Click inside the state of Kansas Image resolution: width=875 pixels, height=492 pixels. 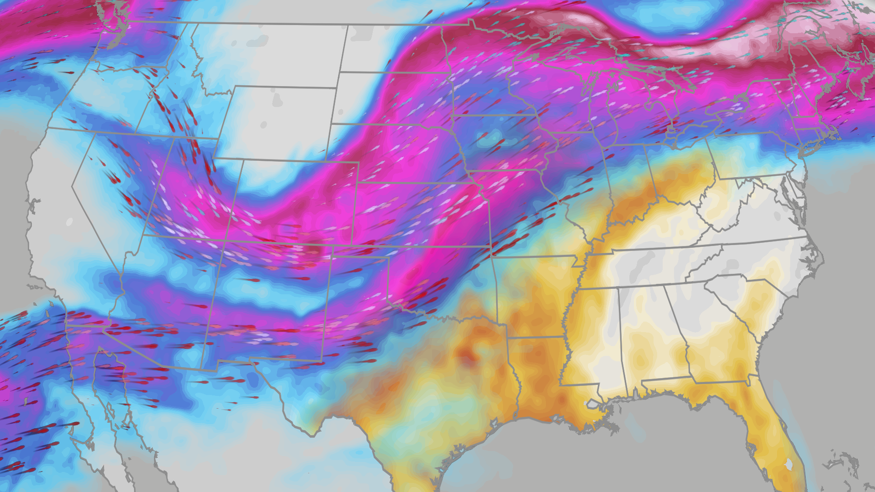tap(419, 214)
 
